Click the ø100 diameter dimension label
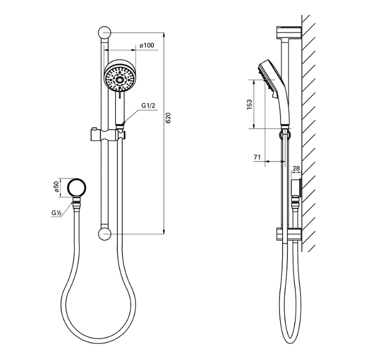pos(147,46)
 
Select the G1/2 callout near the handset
pos(148,106)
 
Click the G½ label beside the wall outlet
pos(57,213)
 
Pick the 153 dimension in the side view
pos(250,104)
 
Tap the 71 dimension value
pos(257,157)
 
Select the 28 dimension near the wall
pos(296,168)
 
